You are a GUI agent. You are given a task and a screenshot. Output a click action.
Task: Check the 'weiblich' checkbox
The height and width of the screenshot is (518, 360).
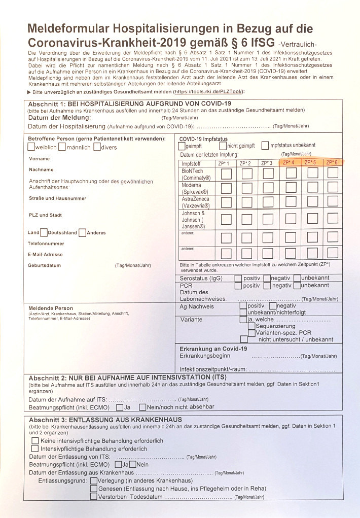31,147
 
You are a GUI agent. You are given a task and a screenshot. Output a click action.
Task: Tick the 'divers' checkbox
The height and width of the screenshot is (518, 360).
96,147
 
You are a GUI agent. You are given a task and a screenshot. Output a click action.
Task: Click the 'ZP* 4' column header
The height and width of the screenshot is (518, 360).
290,163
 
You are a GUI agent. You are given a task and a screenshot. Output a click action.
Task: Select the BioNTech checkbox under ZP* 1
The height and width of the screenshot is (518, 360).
226,174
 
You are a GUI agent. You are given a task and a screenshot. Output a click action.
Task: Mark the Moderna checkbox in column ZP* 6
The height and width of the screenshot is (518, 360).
333,188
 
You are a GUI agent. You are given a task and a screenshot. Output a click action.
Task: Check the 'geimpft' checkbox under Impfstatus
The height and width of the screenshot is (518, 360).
183,146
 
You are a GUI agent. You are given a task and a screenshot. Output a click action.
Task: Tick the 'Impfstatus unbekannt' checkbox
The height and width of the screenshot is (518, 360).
265,146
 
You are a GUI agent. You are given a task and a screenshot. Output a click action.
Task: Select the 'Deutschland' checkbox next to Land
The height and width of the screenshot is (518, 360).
44,232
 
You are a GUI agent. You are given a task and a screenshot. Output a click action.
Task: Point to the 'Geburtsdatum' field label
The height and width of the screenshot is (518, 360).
45,265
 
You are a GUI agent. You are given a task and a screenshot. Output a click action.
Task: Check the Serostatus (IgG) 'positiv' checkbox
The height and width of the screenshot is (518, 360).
238,278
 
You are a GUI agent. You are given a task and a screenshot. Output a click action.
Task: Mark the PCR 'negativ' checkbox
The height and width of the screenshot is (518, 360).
267,286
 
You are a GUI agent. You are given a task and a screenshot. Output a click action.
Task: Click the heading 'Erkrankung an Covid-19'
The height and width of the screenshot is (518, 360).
213,349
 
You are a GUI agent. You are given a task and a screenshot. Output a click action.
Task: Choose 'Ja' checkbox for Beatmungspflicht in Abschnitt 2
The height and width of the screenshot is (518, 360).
119,407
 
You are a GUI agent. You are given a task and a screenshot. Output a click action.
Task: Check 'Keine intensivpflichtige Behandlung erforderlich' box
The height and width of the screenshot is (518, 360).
35,441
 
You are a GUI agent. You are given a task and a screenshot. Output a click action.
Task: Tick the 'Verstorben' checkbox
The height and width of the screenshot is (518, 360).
94,497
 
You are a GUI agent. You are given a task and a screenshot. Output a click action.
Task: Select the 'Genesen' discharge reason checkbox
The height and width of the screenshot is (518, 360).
94,489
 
